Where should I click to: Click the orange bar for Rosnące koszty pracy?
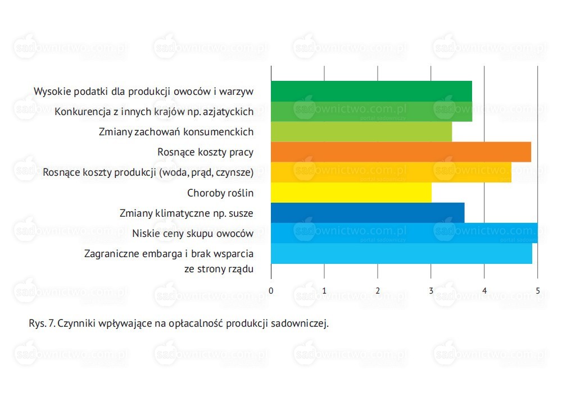[x=401, y=152]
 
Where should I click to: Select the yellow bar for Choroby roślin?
[x=351, y=193]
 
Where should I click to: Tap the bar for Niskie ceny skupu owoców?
[x=404, y=233]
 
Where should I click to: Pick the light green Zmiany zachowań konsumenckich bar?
[x=361, y=132]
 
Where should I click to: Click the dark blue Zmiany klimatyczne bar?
[x=368, y=213]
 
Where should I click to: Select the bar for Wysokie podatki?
[x=371, y=92]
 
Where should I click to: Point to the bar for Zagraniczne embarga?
[x=402, y=253]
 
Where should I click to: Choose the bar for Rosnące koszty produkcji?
[x=391, y=172]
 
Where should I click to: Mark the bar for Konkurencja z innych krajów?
[x=371, y=112]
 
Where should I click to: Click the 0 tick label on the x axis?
[x=271, y=291]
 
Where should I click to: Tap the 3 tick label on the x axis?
[x=431, y=291]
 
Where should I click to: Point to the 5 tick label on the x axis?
[x=538, y=291]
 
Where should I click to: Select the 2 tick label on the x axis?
[x=378, y=291]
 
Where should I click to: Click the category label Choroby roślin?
[x=220, y=193]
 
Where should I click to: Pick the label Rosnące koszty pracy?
[x=205, y=153]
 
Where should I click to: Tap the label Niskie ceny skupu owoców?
[x=193, y=234]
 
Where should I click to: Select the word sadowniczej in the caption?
[x=300, y=323]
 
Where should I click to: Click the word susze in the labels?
[x=241, y=214]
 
